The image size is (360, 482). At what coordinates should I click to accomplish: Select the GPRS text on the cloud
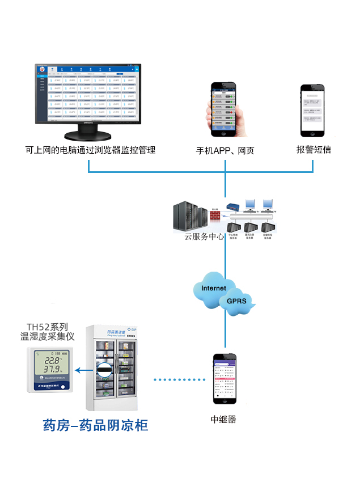[236, 301]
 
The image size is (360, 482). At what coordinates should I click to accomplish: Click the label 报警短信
[314, 150]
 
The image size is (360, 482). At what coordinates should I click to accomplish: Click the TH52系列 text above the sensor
[48, 327]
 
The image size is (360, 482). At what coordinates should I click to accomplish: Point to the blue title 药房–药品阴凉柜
[95, 425]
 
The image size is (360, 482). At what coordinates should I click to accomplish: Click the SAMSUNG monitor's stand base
[90, 136]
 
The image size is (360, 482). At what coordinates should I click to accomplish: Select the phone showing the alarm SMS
[314, 111]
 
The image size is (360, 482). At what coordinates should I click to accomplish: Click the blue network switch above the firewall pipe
[232, 208]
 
